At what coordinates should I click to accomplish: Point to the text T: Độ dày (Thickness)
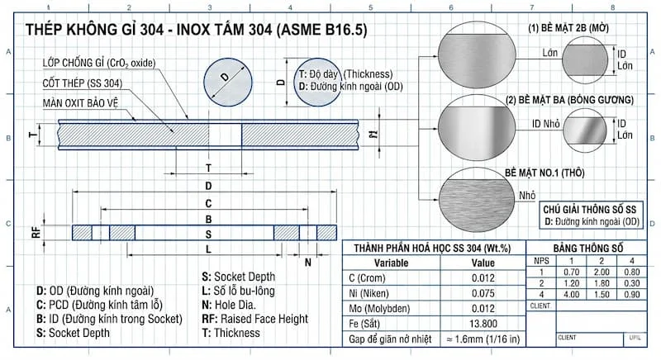click(345, 73)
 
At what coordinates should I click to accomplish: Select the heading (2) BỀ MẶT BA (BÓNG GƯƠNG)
click(570, 100)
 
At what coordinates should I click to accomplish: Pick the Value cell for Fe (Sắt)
click(483, 323)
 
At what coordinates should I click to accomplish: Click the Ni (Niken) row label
click(376, 292)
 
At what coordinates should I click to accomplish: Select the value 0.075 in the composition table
click(483, 292)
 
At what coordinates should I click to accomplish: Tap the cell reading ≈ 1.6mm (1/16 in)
click(483, 339)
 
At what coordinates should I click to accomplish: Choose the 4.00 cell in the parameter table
click(570, 295)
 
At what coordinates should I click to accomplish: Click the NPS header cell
click(541, 261)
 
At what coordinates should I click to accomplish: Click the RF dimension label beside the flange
click(36, 232)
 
